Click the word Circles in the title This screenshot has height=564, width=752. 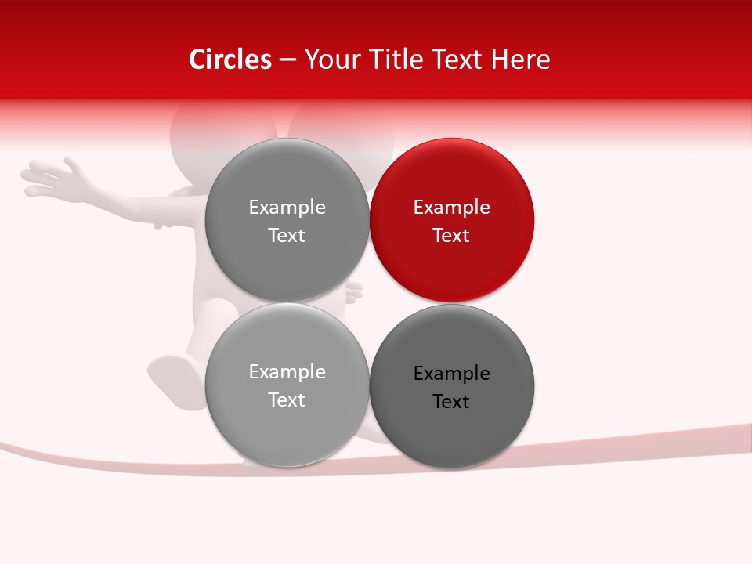[230, 60]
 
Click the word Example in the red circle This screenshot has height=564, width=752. [451, 208]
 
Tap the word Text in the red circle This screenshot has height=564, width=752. [451, 236]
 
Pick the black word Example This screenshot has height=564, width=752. [451, 374]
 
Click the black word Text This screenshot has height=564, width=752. [451, 402]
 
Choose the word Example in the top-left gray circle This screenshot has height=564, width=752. [287, 208]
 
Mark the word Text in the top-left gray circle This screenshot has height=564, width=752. [287, 236]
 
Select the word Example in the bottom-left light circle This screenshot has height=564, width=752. [287, 372]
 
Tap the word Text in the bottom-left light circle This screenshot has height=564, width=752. [287, 400]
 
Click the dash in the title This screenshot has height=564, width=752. [287, 60]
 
